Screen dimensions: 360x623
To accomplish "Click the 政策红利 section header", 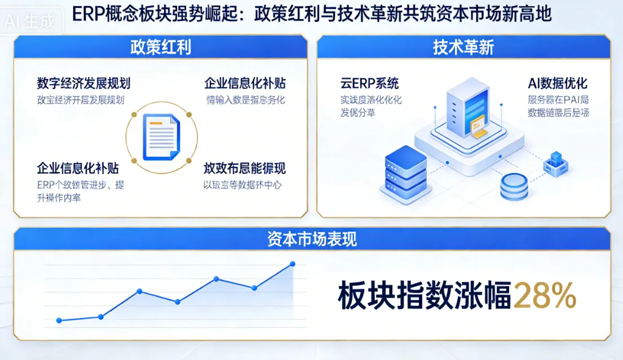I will click(x=160, y=47).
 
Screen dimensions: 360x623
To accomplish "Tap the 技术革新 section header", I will click(x=463, y=47).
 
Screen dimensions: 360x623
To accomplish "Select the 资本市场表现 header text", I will click(x=312, y=239).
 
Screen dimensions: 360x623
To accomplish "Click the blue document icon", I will click(x=161, y=136).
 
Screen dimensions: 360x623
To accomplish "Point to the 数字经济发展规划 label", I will click(x=83, y=83).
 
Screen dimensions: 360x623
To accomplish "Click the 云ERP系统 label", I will click(x=369, y=83).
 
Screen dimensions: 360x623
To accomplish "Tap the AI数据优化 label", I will click(x=558, y=83).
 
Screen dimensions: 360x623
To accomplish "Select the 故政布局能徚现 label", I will click(x=245, y=168).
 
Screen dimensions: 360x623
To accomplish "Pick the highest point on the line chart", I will click(x=292, y=264).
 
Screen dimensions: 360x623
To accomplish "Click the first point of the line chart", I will click(x=59, y=321).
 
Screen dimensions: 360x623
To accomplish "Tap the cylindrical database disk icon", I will click(x=514, y=186).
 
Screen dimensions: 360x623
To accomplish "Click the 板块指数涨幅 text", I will click(x=424, y=296).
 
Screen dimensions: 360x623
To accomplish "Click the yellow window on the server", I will click(x=478, y=126).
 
